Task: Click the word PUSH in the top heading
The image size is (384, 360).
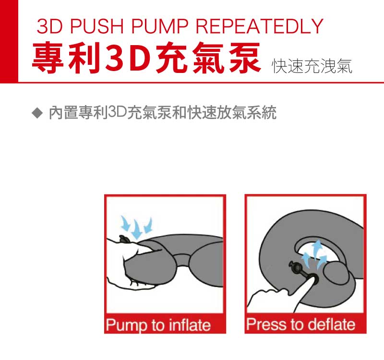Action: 97,26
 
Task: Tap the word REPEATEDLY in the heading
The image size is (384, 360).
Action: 260,26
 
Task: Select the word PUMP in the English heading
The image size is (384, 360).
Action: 160,26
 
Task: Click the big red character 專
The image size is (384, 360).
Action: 48,58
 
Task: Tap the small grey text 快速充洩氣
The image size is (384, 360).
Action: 312,66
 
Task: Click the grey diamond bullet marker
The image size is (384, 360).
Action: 37,113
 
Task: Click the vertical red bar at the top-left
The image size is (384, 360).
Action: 9,41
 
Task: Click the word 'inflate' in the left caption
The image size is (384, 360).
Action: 190,325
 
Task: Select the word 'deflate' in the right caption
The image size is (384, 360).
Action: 331,324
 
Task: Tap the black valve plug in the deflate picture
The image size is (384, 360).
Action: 297,268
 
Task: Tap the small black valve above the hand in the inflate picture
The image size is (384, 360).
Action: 124,239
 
